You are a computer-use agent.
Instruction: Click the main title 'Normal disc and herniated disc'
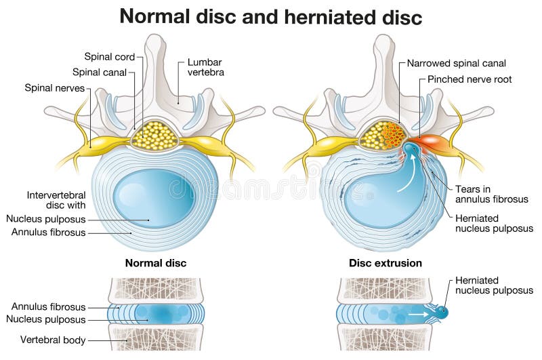271,16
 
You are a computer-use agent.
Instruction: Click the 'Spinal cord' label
110,57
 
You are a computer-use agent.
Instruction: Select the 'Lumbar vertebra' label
205,68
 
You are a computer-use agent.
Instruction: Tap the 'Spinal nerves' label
55,88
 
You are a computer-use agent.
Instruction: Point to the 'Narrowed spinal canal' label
457,64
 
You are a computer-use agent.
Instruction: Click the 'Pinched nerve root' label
470,79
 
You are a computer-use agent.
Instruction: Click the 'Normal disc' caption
156,263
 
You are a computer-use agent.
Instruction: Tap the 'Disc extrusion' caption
385,263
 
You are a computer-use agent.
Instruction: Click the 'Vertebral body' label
53,340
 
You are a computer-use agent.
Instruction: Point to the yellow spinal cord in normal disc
154,136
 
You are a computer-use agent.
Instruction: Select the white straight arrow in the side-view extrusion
417,315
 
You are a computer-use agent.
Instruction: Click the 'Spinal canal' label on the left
100,72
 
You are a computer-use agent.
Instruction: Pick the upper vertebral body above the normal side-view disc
155,289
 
